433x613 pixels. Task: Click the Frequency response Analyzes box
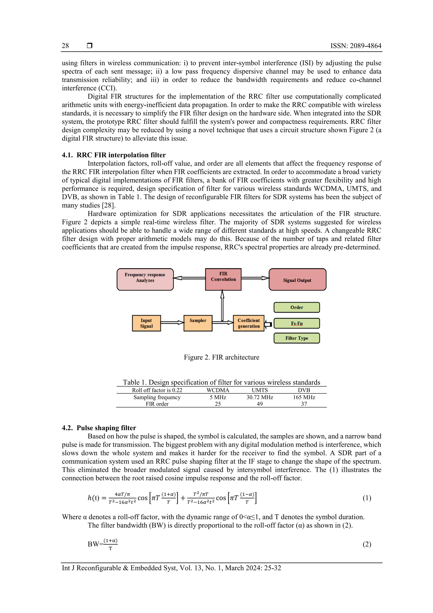pyautogui.click(x=145, y=279)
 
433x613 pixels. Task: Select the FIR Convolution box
pyautogui.click(x=223, y=279)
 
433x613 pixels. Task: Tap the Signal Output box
pyautogui.click(x=297, y=280)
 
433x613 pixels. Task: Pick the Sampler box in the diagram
pyautogui.click(x=198, y=323)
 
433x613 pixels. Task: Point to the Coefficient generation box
pyautogui.click(x=248, y=323)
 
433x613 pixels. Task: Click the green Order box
pyautogui.click(x=296, y=307)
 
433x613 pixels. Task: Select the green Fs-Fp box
pyautogui.click(x=296, y=323)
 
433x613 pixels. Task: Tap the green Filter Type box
pyautogui.click(x=296, y=338)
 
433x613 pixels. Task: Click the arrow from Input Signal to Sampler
pyautogui.click(x=172, y=322)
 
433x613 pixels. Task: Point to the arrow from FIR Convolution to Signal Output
pyautogui.click(x=255, y=278)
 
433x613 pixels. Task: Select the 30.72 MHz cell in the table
pyautogui.click(x=260, y=397)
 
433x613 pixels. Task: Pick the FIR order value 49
pyautogui.click(x=260, y=404)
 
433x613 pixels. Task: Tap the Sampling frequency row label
pyautogui.click(x=157, y=397)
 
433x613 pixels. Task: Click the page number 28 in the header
pyautogui.click(x=65, y=46)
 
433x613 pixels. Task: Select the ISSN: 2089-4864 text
pyautogui.click(x=356, y=46)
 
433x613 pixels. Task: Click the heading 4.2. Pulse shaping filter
pyautogui.click(x=99, y=428)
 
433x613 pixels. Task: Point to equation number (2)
pyautogui.click(x=367, y=544)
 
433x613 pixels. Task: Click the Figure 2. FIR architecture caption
pyautogui.click(x=221, y=357)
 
